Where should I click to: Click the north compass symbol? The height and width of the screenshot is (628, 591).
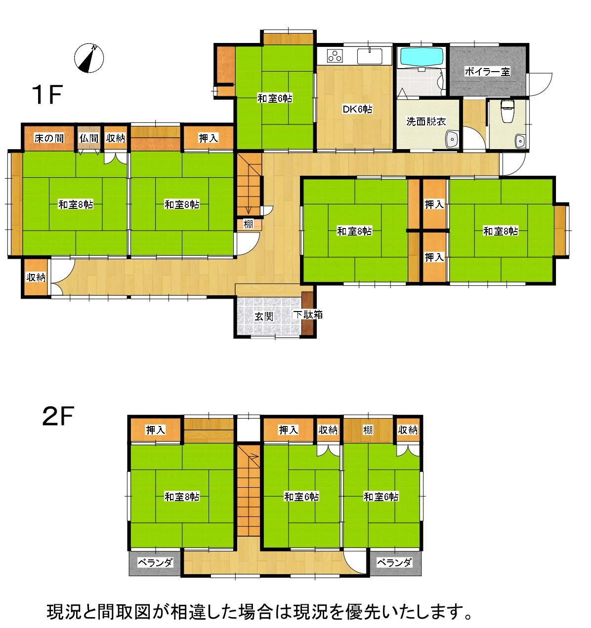pyautogui.click(x=89, y=58)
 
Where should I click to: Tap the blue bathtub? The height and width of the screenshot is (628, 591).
pyautogui.click(x=422, y=57)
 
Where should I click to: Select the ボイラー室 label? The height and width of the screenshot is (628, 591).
pyautogui.click(x=487, y=72)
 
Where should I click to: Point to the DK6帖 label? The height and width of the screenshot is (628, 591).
pyautogui.click(x=357, y=109)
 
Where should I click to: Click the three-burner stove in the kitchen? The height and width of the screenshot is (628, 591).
pyautogui.click(x=335, y=56)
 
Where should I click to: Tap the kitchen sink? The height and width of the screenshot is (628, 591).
pyautogui.click(x=370, y=56)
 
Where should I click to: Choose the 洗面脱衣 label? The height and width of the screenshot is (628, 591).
pyautogui.click(x=426, y=121)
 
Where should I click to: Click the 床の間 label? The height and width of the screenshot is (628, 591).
pyautogui.click(x=49, y=138)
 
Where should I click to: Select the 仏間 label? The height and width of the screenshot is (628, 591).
pyautogui.click(x=89, y=138)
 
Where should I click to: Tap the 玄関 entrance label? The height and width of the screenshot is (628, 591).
pyautogui.click(x=264, y=316)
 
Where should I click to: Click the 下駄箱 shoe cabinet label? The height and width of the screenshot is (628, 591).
pyautogui.click(x=308, y=314)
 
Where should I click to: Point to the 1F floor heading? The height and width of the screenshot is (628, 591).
pyautogui.click(x=47, y=95)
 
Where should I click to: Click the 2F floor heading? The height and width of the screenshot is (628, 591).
pyautogui.click(x=58, y=417)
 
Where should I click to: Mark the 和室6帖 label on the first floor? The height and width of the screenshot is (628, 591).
pyautogui.click(x=275, y=98)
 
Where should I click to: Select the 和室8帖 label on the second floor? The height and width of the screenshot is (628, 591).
pyautogui.click(x=182, y=497)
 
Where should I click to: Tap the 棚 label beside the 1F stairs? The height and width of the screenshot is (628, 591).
pyautogui.click(x=248, y=224)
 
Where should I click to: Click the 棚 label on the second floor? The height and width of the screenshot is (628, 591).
pyautogui.click(x=368, y=430)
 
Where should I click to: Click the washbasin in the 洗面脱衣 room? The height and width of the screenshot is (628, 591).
pyautogui.click(x=452, y=139)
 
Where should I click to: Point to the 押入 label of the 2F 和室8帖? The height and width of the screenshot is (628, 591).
pyautogui.click(x=155, y=430)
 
